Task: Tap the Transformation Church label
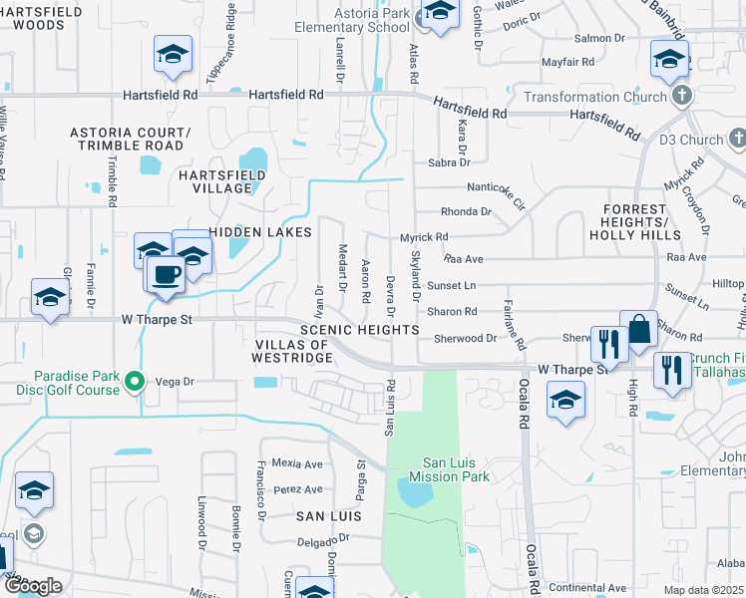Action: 594,97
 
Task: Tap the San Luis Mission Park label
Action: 456,469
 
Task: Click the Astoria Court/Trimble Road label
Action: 130,139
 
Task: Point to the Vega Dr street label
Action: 174,381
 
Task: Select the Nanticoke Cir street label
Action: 496,187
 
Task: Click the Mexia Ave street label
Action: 298,463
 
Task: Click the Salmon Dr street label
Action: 598,38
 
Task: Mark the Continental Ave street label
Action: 587,588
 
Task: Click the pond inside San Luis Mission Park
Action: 412,491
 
